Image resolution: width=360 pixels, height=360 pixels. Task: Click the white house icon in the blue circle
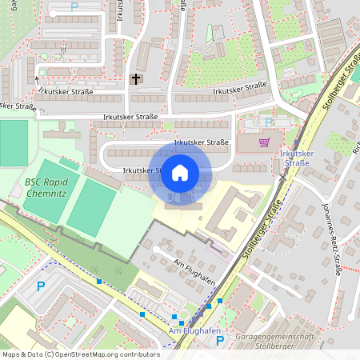(x=179, y=173)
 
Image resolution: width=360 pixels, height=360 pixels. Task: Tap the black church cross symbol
(x=136, y=78)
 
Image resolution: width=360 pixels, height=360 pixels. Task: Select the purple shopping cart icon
(x=264, y=142)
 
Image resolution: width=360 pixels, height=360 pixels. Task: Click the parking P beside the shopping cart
(x=270, y=123)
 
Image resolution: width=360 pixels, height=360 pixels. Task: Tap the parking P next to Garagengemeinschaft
(x=220, y=341)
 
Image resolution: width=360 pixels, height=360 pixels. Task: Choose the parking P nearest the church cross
(x=74, y=6)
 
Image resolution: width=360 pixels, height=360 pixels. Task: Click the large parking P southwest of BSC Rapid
(x=41, y=286)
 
